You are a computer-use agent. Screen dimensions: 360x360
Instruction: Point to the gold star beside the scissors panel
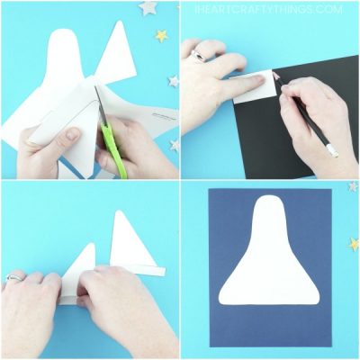coord(162,36)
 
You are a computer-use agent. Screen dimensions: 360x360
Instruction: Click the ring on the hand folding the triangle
coord(13,277)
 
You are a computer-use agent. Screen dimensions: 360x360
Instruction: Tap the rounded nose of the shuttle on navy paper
coord(269,209)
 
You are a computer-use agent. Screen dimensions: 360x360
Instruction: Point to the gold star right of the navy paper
coord(354,243)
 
